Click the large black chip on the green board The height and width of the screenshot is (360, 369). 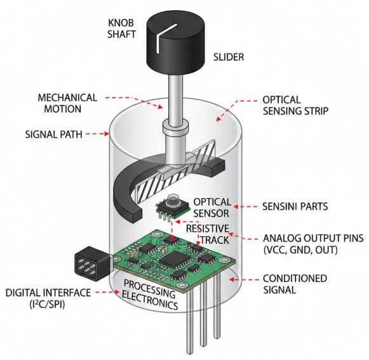click(x=171, y=258)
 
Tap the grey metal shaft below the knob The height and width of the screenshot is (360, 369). click(x=175, y=95)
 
